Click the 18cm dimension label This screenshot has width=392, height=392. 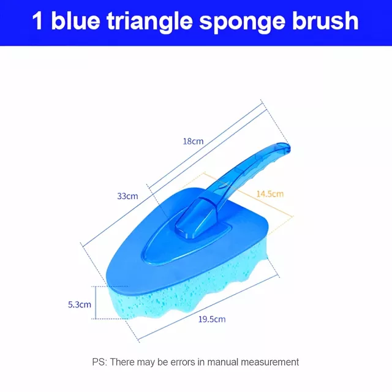[x=193, y=141]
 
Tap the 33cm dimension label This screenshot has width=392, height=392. [x=127, y=196]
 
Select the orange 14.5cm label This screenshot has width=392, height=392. [x=270, y=194]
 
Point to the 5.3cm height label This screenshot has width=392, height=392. [x=80, y=304]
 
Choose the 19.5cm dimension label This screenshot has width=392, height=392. [x=212, y=319]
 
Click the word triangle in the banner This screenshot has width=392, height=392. [x=149, y=22]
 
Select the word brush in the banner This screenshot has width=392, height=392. [x=325, y=20]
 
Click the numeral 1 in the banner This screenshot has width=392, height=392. [x=37, y=21]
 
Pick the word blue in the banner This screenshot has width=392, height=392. [x=75, y=20]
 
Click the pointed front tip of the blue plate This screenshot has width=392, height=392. [x=109, y=282]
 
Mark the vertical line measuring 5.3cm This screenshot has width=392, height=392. [x=96, y=303]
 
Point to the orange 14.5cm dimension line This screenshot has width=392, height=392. [x=249, y=194]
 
